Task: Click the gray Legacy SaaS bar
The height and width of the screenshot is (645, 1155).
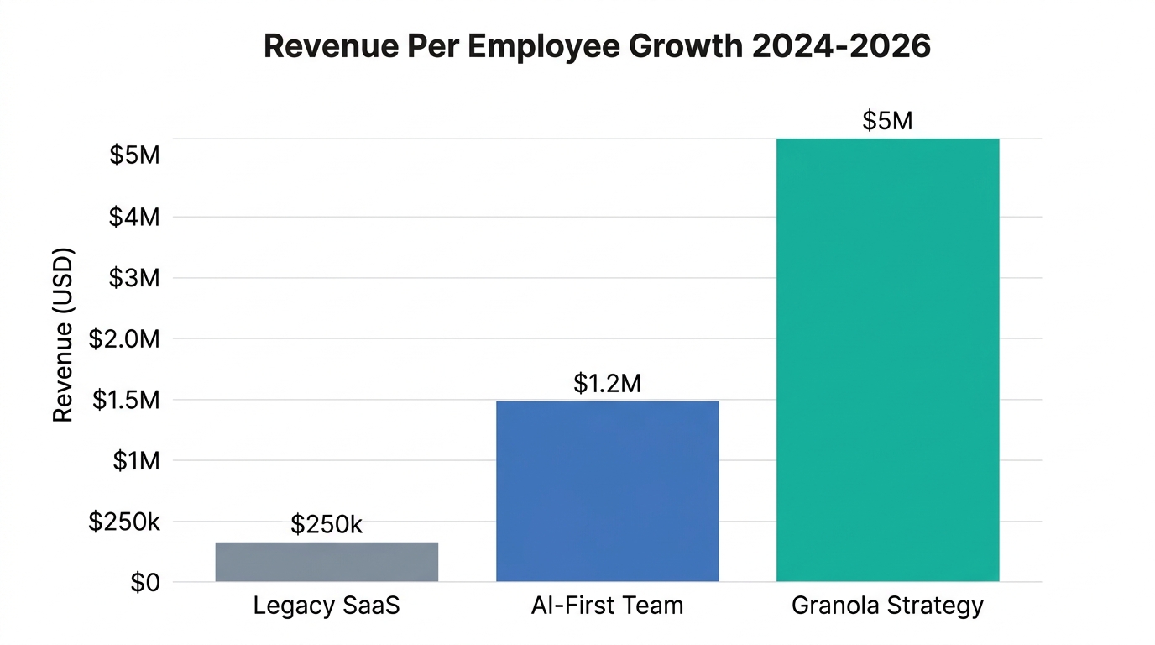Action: click(x=327, y=562)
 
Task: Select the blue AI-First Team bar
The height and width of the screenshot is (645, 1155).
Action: click(x=607, y=491)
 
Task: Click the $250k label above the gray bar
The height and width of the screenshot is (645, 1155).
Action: click(x=327, y=525)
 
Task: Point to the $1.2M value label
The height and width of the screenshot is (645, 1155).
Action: click(x=607, y=384)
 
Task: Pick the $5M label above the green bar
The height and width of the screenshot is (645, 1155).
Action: click(x=887, y=121)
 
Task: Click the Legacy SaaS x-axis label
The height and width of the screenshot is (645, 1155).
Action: click(x=327, y=606)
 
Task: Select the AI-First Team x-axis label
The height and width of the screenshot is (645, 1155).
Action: click(x=607, y=606)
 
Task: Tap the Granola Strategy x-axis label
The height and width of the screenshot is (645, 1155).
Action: click(x=887, y=606)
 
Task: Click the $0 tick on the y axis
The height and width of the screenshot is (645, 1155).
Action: click(x=144, y=583)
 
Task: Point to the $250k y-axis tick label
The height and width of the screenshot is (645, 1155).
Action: click(x=124, y=522)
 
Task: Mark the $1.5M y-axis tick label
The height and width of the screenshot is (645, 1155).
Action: click(x=126, y=401)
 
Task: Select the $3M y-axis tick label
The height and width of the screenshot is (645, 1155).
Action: click(x=134, y=278)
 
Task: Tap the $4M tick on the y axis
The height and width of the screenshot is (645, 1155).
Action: click(x=134, y=218)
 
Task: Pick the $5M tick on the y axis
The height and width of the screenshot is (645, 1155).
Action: click(x=134, y=156)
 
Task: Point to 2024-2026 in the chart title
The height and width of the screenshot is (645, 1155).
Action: click(x=841, y=46)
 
